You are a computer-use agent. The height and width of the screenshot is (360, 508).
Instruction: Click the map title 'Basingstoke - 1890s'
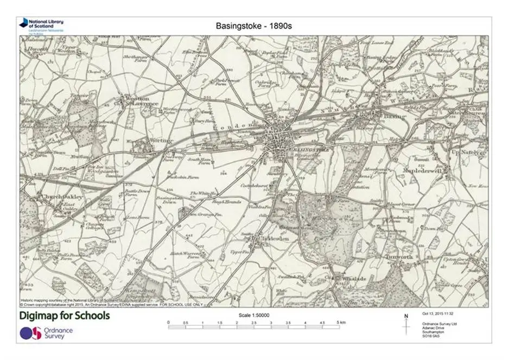tap(254, 26)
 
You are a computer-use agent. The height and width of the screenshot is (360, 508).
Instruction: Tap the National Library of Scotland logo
tap(41, 24)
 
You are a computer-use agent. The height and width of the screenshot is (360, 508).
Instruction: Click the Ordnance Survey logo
tap(46, 333)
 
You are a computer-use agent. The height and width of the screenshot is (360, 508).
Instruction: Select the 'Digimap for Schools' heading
tap(65, 316)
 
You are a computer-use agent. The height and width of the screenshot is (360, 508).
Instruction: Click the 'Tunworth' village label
tap(399, 256)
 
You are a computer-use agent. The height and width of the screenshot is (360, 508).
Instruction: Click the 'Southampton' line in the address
tap(433, 331)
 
